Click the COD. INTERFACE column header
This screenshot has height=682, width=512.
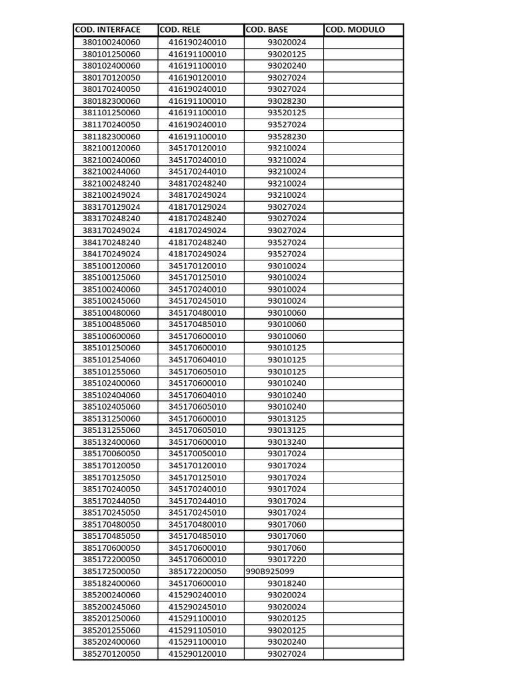tap(107, 30)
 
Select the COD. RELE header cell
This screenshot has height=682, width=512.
tap(180, 30)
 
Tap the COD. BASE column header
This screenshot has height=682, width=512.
tap(267, 30)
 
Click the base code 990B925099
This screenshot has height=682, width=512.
tap(270, 571)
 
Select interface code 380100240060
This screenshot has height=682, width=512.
tap(111, 42)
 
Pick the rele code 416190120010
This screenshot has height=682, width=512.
tap(197, 77)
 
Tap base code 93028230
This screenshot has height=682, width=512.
tap(287, 101)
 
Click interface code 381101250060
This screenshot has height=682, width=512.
tap(111, 113)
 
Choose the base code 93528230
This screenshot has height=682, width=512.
tap(287, 137)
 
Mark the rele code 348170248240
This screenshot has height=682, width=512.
tap(197, 183)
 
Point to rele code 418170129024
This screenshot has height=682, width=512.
tap(197, 207)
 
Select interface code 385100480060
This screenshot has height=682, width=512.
tap(111, 312)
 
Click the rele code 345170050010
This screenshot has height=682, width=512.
tap(197, 454)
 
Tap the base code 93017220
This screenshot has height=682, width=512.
tap(287, 559)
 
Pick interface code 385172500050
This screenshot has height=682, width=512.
tap(111, 571)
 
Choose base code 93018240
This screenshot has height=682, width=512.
tap(287, 583)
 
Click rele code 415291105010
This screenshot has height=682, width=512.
tap(197, 630)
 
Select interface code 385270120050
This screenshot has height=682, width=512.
tap(111, 654)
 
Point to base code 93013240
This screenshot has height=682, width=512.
tap(287, 442)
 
